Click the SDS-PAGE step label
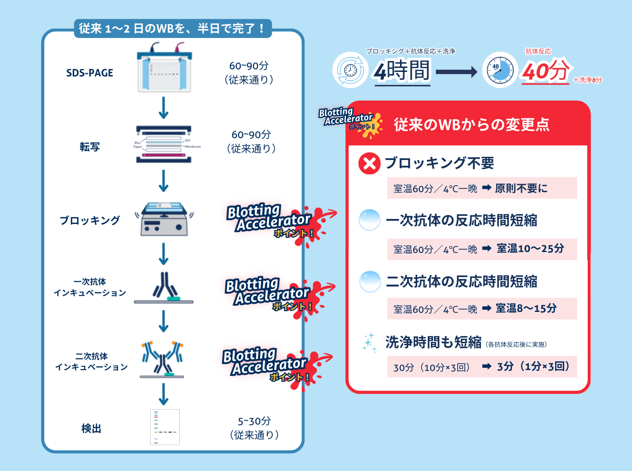click(89, 73)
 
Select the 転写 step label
click(89, 147)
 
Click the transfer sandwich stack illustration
click(164, 144)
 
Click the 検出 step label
click(91, 429)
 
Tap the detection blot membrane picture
click(164, 427)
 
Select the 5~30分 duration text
click(254, 421)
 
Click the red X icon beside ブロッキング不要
click(369, 163)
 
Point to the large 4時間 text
click(402, 71)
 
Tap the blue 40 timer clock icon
click(500, 70)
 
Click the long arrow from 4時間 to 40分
click(456, 71)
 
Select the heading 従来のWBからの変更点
click(472, 125)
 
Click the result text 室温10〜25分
click(530, 248)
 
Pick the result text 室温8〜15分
click(526, 308)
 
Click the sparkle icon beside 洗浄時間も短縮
click(370, 343)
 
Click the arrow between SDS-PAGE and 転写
click(164, 108)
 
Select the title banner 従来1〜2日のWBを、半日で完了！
click(173, 29)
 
